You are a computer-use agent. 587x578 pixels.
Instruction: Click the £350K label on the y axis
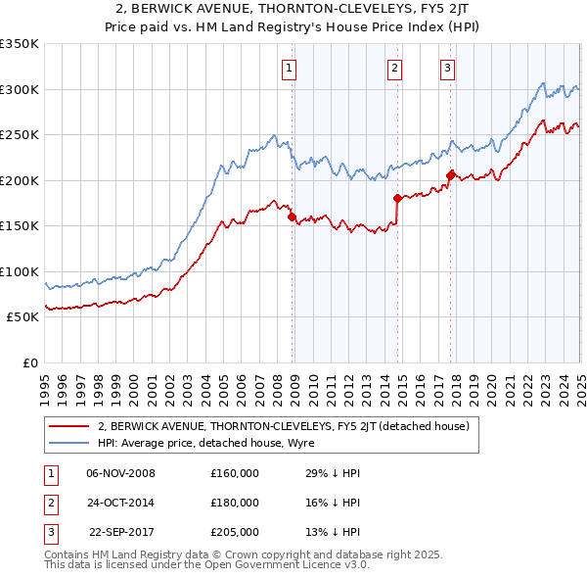click(20, 44)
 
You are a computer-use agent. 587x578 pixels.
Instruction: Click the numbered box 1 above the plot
click(292, 69)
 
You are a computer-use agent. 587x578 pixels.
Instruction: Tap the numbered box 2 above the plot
click(394, 69)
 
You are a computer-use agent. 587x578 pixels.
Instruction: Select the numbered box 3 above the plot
click(447, 69)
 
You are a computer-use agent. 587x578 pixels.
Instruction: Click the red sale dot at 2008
click(293, 217)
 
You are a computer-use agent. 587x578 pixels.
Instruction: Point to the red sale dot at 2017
click(450, 175)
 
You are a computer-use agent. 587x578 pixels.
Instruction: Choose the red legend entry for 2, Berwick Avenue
click(284, 426)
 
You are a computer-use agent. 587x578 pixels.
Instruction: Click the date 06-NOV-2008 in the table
click(121, 473)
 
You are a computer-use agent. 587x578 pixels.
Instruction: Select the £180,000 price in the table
click(235, 503)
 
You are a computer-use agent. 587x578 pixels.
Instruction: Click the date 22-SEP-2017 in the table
click(122, 532)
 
